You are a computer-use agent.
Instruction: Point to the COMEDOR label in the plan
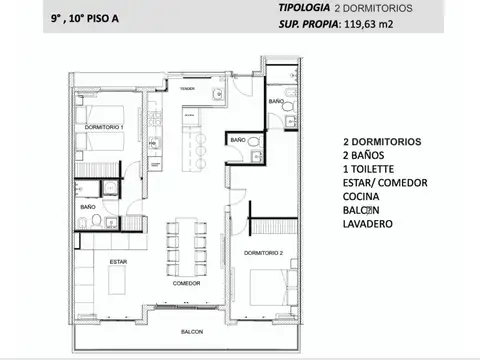tap(186, 283)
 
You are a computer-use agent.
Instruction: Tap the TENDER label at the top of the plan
tap(187, 89)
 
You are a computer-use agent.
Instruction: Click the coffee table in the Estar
tap(112, 283)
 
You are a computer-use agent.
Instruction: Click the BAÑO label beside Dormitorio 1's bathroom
tap(88, 207)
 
